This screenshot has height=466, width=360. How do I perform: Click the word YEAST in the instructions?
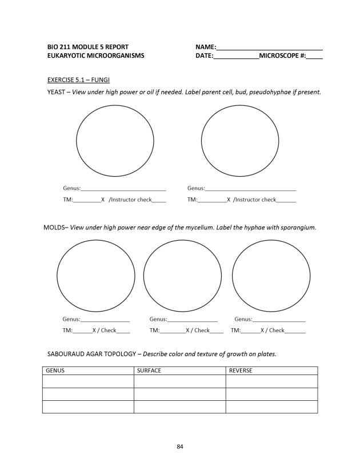[x=55, y=92]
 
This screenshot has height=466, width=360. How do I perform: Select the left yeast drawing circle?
[x=115, y=141]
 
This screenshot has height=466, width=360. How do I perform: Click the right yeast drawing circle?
[x=240, y=141]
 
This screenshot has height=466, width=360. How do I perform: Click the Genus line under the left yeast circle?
[x=123, y=189]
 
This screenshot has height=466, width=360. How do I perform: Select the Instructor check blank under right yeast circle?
[x=286, y=201]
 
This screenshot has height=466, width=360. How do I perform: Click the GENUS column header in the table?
[x=55, y=371]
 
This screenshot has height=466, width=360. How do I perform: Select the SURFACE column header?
[x=149, y=371]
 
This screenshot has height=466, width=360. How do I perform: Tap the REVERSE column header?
[x=241, y=371]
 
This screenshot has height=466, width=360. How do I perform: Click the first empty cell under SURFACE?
[x=179, y=381]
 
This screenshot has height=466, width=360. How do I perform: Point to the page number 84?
[x=180, y=446]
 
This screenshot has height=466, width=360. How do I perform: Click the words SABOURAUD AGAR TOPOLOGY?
[x=91, y=354]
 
